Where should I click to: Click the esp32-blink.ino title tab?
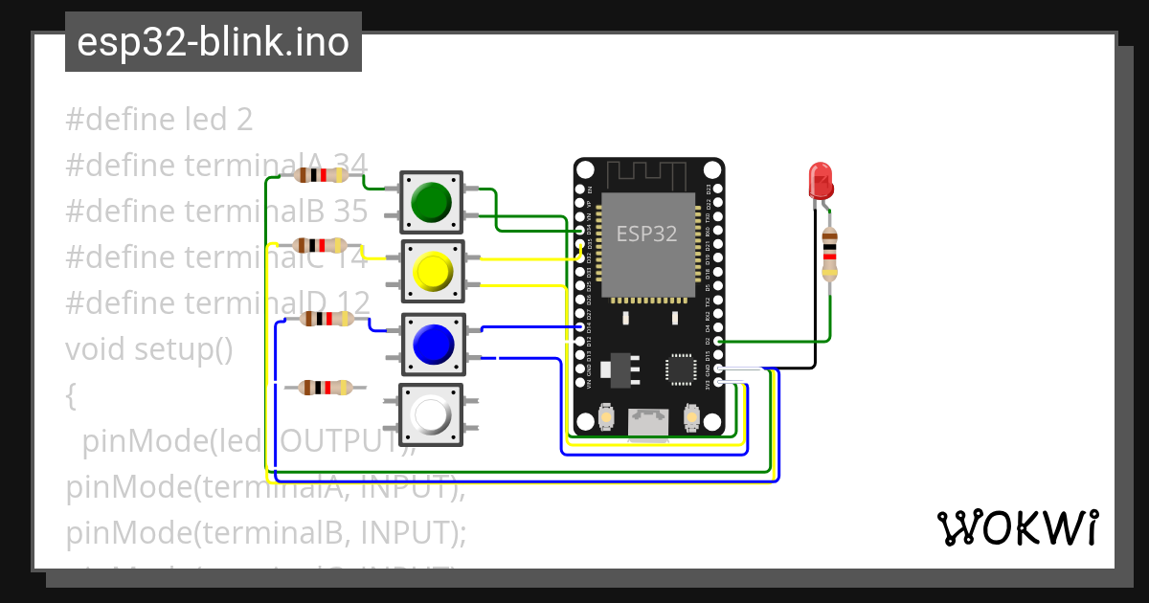click(x=213, y=42)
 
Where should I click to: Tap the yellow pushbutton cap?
click(x=432, y=271)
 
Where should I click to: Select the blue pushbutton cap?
click(x=432, y=343)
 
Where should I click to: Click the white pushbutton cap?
click(x=431, y=414)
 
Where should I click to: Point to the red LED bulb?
click(x=821, y=179)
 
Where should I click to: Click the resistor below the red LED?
click(x=829, y=254)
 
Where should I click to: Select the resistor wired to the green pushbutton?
click(x=321, y=175)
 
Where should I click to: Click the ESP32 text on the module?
click(x=646, y=234)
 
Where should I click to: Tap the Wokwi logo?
click(x=1017, y=527)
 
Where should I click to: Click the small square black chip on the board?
click(x=681, y=368)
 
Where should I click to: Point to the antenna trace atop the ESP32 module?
click(x=648, y=174)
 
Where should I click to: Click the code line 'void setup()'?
click(x=149, y=349)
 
